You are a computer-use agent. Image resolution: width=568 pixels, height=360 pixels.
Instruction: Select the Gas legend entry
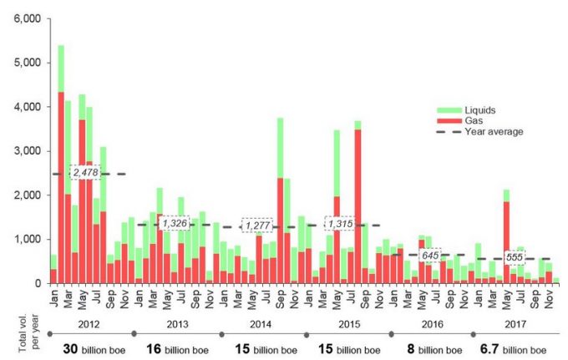pyautogui.click(x=473, y=120)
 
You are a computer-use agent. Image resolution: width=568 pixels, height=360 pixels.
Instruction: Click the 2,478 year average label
pyautogui.click(x=87, y=173)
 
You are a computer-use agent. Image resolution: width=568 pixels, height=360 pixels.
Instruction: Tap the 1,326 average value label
pyautogui.click(x=175, y=224)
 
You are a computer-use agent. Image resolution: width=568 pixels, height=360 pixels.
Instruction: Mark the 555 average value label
pyautogui.click(x=515, y=258)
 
